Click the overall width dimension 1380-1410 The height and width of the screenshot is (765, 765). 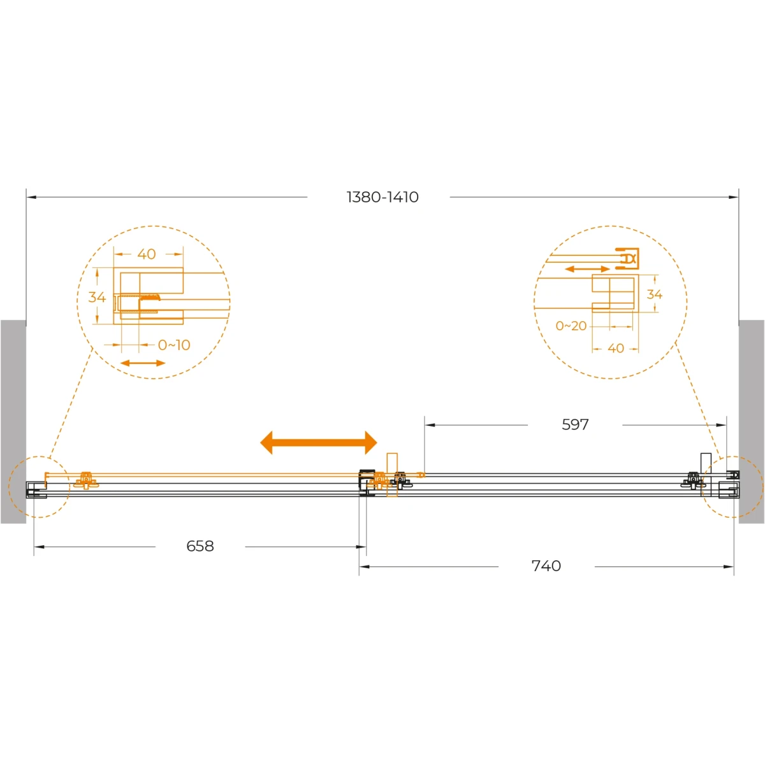(382, 197)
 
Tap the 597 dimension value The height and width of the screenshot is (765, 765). (575, 425)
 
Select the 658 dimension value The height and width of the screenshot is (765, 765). (200, 546)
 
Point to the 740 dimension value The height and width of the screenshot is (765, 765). (546, 565)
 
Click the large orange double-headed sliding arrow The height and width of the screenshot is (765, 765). (318, 442)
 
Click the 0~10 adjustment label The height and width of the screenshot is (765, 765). (174, 345)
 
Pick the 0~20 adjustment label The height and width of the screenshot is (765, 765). (571, 326)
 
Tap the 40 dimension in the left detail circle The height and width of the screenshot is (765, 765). (147, 254)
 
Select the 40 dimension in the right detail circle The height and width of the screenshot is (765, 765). (616, 348)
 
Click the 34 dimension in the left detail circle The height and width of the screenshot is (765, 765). (97, 297)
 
